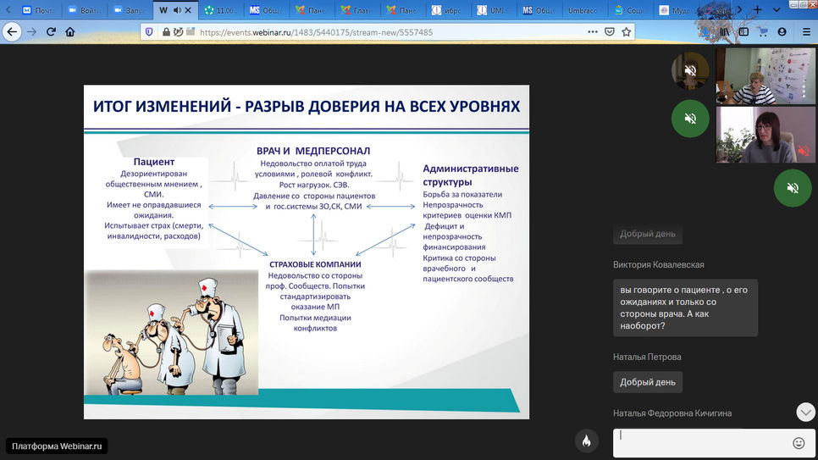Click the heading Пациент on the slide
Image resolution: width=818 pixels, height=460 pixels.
click(154, 162)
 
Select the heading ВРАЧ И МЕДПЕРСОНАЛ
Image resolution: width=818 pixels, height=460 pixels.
click(313, 151)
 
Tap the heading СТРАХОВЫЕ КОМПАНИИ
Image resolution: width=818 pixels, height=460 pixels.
click(314, 264)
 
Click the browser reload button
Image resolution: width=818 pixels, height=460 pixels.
click(51, 31)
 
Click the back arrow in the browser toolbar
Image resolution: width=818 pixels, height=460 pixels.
click(11, 31)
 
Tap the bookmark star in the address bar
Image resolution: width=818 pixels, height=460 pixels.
click(627, 31)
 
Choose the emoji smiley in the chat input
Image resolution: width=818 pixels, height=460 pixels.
click(798, 442)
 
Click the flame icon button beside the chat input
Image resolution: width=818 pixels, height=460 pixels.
click(586, 441)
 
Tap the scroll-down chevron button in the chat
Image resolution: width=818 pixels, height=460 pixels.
click(805, 412)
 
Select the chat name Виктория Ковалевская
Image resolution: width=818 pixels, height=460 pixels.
click(659, 264)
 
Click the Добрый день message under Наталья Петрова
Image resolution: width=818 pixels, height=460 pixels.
click(648, 382)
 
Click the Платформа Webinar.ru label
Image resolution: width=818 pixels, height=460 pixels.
click(57, 446)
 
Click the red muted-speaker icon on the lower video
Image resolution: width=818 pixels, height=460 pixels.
click(803, 151)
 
